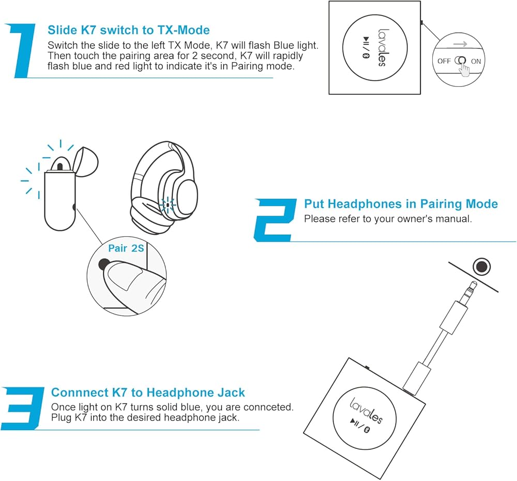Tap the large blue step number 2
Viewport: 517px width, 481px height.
click(275, 220)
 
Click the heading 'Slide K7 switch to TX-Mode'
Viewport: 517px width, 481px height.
click(129, 30)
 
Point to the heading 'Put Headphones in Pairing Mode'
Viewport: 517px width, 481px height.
click(401, 204)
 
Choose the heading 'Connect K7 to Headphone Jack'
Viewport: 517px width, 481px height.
click(148, 393)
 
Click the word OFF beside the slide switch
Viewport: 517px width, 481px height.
click(444, 61)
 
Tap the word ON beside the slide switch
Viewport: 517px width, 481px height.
click(476, 61)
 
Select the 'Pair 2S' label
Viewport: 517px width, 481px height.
click(126, 248)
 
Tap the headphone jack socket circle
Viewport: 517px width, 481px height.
click(482, 267)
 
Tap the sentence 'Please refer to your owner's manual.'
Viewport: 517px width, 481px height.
click(388, 219)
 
